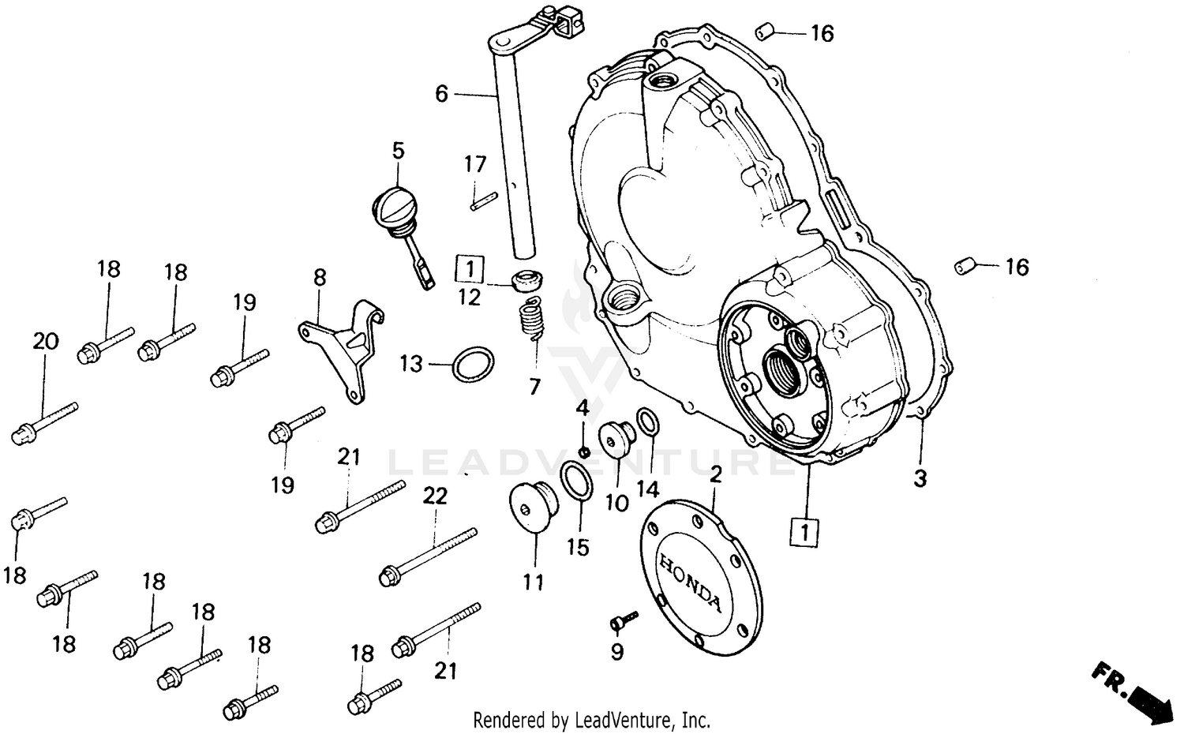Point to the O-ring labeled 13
[x=474, y=364]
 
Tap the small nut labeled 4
[x=583, y=451]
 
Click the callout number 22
[x=435, y=496]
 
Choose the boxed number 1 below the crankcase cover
[x=804, y=533]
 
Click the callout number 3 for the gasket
[x=920, y=477]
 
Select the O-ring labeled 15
[x=576, y=481]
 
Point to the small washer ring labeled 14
[x=647, y=421]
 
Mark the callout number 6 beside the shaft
[x=441, y=95]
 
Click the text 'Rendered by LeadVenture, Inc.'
[x=591, y=720]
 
